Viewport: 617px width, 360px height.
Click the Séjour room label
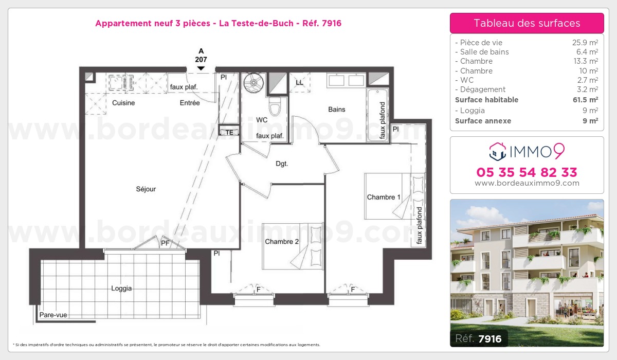click(x=146, y=189)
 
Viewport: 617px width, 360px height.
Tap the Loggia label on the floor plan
click(x=121, y=289)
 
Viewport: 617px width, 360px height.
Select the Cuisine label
click(x=123, y=103)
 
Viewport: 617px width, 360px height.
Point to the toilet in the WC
click(x=275, y=106)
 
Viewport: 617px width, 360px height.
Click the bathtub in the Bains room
click(x=377, y=115)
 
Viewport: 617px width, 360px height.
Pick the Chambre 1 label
click(x=384, y=197)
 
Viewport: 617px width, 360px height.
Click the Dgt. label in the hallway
click(x=282, y=164)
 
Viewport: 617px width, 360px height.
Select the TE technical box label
click(x=229, y=133)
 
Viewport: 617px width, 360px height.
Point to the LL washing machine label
click(x=299, y=83)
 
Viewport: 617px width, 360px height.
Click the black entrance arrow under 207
click(x=201, y=68)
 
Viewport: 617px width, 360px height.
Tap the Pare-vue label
click(x=53, y=315)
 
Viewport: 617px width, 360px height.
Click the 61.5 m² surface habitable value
click(x=585, y=99)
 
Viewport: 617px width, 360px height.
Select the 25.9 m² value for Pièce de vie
click(x=585, y=42)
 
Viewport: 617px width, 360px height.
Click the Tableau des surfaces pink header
click(x=527, y=23)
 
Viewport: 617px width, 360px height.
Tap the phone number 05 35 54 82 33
click(x=527, y=172)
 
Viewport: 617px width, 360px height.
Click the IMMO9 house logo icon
click(x=498, y=152)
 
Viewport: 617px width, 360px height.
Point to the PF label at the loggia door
click(x=165, y=243)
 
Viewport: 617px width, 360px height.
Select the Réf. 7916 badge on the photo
click(x=479, y=338)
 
